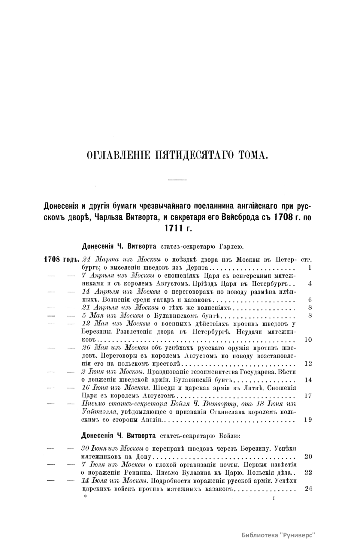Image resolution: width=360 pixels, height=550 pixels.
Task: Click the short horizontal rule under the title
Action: click(177, 180)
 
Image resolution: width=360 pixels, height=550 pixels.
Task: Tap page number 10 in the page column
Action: click(308, 340)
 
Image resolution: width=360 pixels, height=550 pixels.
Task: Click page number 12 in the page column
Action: click(308, 364)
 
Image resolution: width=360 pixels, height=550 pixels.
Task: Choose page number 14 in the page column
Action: click(308, 380)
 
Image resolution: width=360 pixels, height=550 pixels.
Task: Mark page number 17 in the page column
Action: click(308, 396)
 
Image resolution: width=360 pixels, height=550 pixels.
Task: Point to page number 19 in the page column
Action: click(308, 420)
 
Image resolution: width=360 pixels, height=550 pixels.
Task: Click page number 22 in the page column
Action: click(308, 472)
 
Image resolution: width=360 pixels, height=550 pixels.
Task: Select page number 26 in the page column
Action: click(308, 488)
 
